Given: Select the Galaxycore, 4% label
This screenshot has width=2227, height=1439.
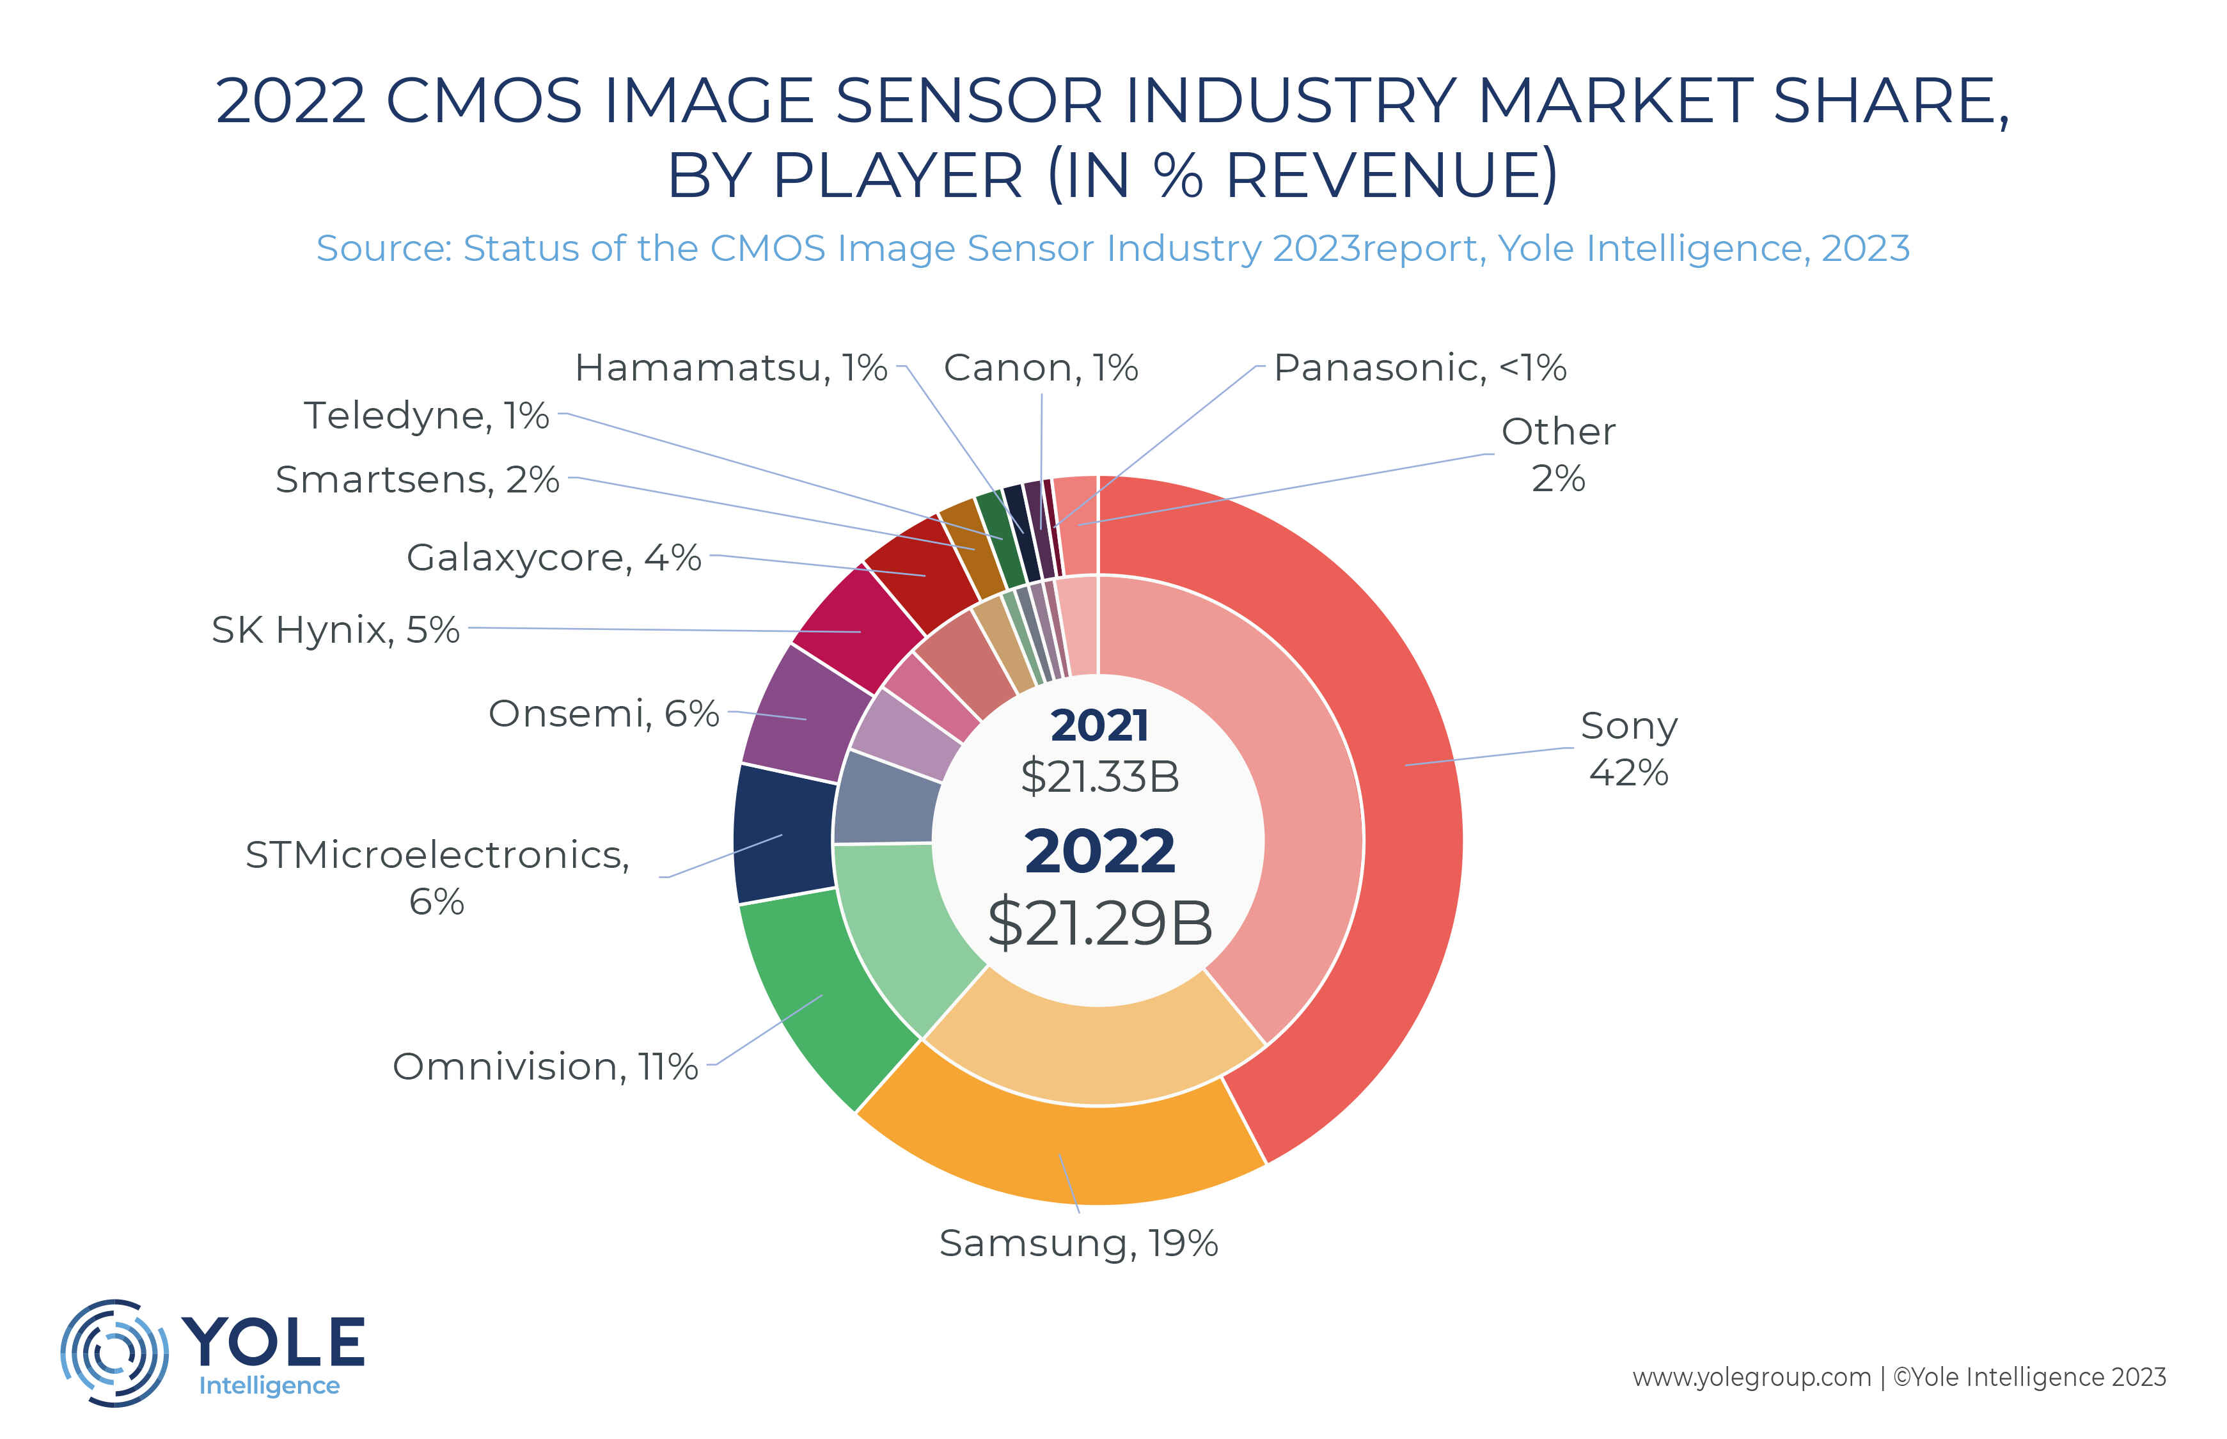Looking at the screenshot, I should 553,557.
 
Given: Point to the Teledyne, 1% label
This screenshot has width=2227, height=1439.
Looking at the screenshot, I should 426,415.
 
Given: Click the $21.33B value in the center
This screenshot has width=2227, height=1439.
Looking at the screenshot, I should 1099,776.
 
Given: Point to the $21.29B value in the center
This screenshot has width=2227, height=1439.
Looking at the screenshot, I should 1099,922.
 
